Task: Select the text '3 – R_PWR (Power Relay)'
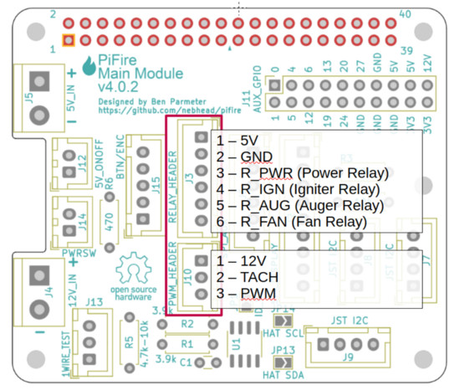coord(303,173)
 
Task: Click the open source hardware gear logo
coord(132,272)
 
